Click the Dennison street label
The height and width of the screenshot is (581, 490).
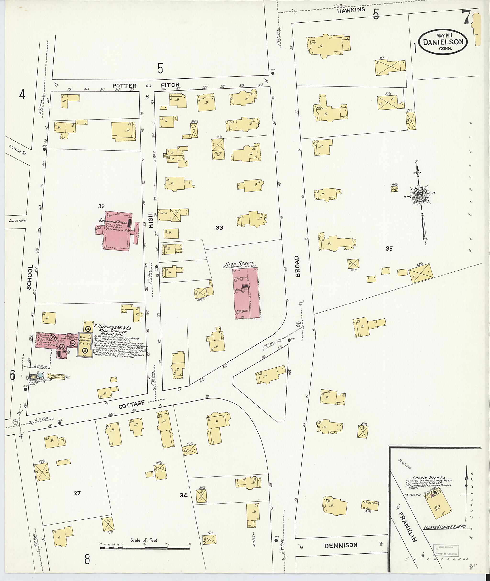(x=341, y=545)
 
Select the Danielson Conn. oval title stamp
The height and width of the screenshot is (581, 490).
(x=443, y=42)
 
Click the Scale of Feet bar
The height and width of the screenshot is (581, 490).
(x=145, y=548)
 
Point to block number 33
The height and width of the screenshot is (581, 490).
(x=219, y=228)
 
